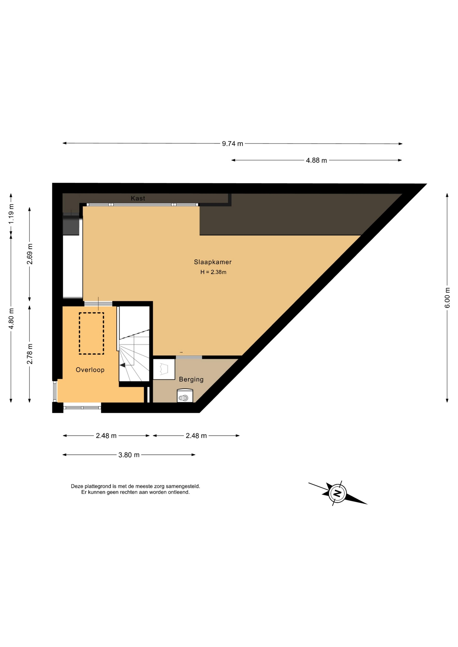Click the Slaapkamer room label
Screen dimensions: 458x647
[x=212, y=262]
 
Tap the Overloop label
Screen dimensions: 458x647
[x=90, y=370]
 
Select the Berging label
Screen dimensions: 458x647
[x=191, y=379]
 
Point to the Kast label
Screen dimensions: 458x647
[x=138, y=198]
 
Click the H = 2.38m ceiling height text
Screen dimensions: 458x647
[x=213, y=272]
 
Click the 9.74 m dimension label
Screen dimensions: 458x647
[x=232, y=144]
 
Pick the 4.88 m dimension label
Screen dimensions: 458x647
[x=316, y=160]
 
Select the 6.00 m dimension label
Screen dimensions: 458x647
[x=447, y=298]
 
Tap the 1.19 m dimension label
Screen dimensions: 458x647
[x=11, y=214]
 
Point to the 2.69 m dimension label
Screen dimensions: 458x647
[x=30, y=254]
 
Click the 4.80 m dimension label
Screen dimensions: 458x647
[x=11, y=318]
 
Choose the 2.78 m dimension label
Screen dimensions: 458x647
[x=30, y=354]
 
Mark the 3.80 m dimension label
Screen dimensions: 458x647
[x=129, y=455]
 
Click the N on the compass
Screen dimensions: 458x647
[x=337, y=493]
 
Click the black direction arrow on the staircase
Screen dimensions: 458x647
[x=122, y=365]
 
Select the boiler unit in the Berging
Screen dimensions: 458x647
[x=185, y=396]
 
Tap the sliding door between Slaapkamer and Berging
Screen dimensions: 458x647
[x=189, y=357]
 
